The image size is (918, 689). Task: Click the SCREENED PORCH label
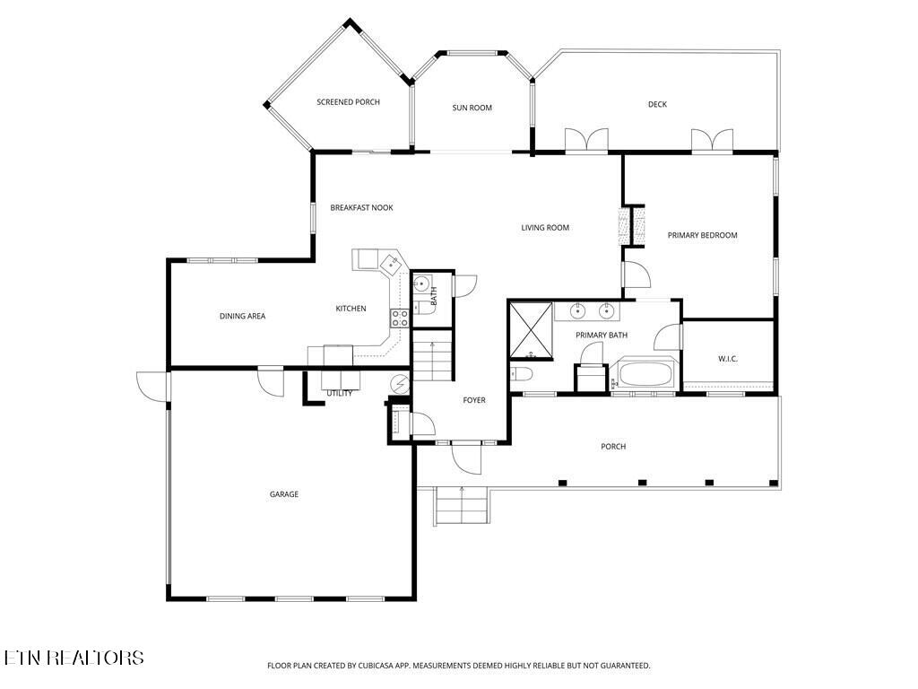click(x=348, y=102)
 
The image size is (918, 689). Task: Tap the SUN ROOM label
click(x=472, y=108)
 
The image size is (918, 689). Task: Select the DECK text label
click(x=657, y=104)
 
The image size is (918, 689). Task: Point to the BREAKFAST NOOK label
click(x=361, y=207)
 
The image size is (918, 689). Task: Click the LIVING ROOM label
click(x=545, y=228)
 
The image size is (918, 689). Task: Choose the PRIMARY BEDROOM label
click(x=702, y=235)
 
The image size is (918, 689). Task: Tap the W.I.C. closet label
click(x=727, y=359)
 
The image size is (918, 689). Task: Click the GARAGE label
click(x=284, y=494)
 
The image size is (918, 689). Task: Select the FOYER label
click(x=473, y=400)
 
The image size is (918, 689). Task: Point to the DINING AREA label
click(x=242, y=316)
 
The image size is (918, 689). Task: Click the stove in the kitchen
click(x=400, y=317)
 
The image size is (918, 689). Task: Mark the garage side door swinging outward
click(x=152, y=386)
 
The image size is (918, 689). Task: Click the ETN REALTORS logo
click(x=74, y=658)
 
